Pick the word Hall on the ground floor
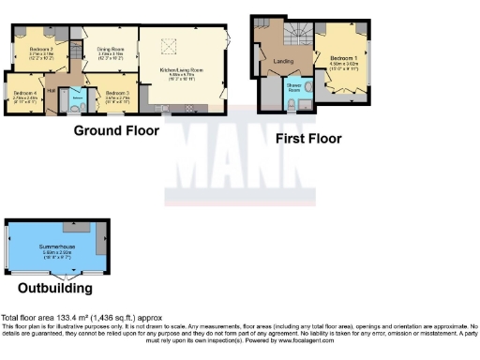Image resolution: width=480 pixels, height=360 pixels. [x=52, y=89]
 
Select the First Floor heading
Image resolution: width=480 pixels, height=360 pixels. [x=307, y=139]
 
